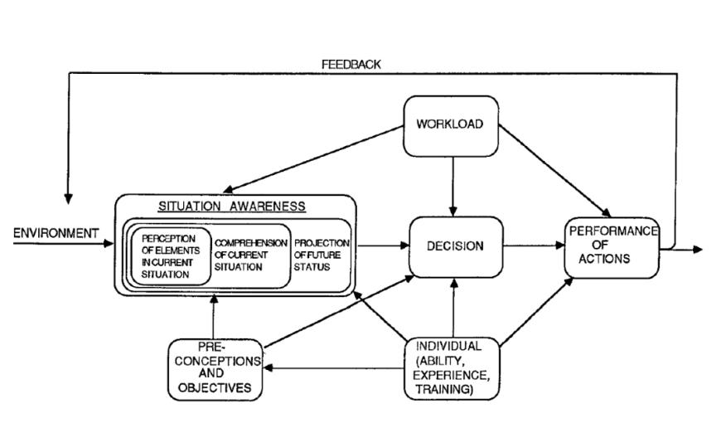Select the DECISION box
click(x=455, y=246)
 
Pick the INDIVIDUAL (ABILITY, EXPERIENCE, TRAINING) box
click(x=453, y=368)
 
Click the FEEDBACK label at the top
click(x=351, y=65)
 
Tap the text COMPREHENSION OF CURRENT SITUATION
click(x=249, y=255)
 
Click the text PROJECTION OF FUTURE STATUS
click(x=322, y=255)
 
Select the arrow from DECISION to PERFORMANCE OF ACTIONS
click(x=534, y=246)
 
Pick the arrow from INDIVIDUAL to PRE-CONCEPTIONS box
click(x=332, y=369)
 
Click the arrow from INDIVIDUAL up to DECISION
click(x=453, y=307)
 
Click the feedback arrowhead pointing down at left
click(x=68, y=199)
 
